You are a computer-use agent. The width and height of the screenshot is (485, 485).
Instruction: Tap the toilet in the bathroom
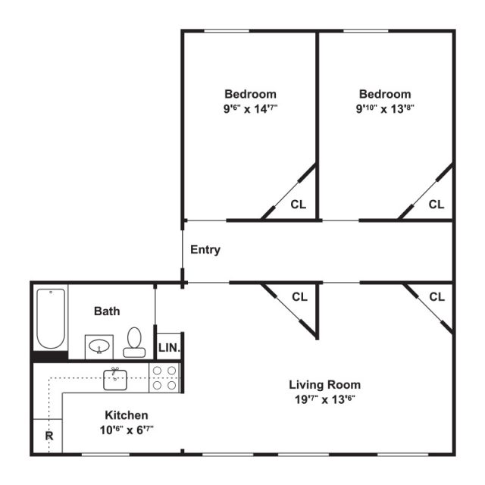point(135,343)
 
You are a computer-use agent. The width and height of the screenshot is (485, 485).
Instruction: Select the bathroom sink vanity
point(99,347)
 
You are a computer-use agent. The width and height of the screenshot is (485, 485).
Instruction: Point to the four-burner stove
point(165,377)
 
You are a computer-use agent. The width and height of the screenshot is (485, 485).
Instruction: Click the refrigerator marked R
point(48,436)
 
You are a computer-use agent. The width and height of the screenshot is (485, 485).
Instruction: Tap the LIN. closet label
point(168,348)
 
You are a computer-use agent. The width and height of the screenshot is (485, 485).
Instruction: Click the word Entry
point(205,249)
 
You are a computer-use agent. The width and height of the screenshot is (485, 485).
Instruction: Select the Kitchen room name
point(126,415)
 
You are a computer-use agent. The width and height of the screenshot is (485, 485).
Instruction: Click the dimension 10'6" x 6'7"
point(126,430)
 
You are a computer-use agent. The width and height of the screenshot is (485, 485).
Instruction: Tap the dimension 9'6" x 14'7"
point(249,108)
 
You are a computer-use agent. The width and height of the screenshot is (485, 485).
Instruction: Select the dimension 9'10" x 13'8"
point(386,108)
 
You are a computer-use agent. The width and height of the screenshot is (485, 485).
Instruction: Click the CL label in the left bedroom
point(299,204)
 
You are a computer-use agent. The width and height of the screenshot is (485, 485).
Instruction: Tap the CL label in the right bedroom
point(436,204)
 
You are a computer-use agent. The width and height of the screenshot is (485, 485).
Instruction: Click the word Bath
point(106,311)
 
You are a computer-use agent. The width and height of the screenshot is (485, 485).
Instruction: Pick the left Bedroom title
point(249,94)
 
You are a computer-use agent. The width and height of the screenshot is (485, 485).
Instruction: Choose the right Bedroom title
point(386,94)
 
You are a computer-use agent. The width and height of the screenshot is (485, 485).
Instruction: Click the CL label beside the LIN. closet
point(300,296)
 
